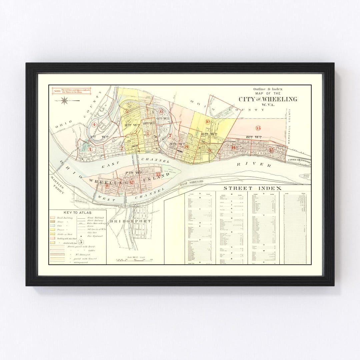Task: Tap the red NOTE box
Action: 71,91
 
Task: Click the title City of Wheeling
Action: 268,99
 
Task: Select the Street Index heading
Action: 252,188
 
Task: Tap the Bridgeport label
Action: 130,221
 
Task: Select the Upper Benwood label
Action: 299,162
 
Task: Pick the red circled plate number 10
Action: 208,122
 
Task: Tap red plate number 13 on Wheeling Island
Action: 158,174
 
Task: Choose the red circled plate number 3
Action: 90,149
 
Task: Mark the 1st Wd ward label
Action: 95,137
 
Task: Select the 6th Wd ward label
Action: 209,134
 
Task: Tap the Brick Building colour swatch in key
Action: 53,217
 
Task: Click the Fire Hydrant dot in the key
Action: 81,236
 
